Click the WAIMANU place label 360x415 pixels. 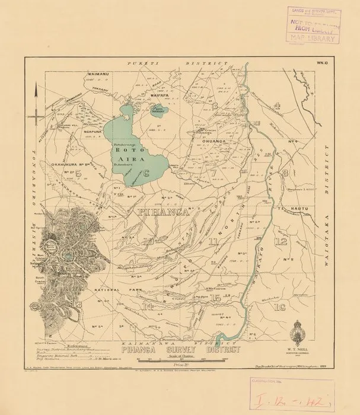[x=53, y=74]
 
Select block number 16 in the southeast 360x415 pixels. [x=280, y=307]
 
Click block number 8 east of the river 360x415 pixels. [x=285, y=173]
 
